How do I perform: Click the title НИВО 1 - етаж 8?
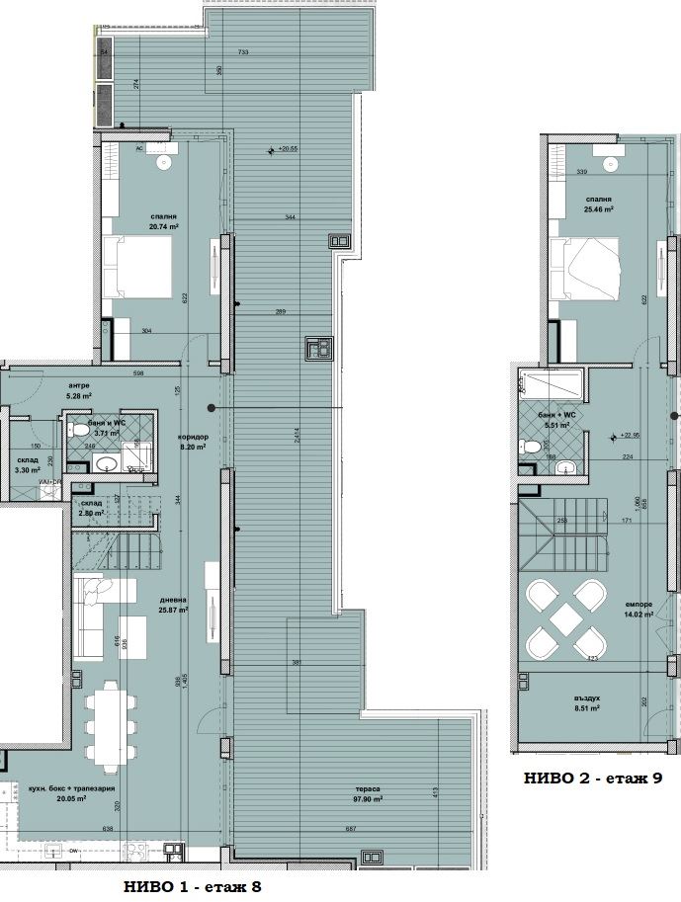pos(193,886)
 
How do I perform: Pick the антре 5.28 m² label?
pos(80,390)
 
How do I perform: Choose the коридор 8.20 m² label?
pos(192,442)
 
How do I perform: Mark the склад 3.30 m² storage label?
pos(28,465)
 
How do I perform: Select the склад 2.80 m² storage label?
pos(91,508)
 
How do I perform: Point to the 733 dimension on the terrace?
pos(243,51)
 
